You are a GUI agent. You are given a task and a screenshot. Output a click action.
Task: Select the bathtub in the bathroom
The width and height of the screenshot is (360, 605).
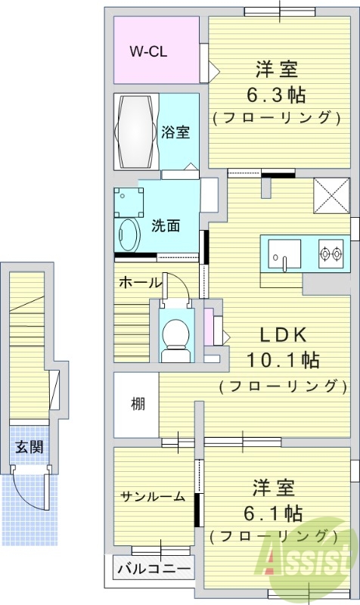tap(136, 132)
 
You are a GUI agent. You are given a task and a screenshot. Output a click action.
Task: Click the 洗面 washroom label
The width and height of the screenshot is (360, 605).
tap(165, 225)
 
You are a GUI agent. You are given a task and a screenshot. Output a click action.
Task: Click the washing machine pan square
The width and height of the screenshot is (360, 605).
tap(129, 201)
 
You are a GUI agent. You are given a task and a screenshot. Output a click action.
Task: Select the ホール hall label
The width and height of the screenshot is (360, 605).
tap(139, 283)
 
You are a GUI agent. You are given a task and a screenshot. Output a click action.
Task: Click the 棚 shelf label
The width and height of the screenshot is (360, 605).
tap(137, 404)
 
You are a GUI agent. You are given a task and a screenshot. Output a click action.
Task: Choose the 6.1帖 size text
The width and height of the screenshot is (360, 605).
tap(273, 513)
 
